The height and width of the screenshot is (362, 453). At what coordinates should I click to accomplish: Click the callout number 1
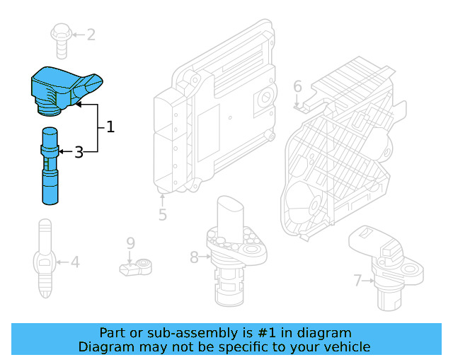click(x=110, y=127)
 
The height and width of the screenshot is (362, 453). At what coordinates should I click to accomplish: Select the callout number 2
click(x=91, y=34)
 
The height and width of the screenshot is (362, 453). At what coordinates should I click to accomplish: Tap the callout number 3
click(x=79, y=151)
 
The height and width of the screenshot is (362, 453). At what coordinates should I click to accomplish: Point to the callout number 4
click(x=75, y=263)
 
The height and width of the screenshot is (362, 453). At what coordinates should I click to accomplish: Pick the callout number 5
click(x=163, y=214)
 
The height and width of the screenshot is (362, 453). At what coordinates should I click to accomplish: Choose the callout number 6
click(x=297, y=86)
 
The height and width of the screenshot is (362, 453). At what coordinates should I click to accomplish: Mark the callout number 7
click(x=357, y=281)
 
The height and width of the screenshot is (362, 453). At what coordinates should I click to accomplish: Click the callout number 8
click(x=194, y=257)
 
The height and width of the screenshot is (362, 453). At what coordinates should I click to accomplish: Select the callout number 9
click(x=130, y=243)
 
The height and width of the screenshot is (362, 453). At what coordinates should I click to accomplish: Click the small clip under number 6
click(x=300, y=107)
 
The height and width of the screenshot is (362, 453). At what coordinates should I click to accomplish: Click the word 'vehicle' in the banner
click(x=345, y=346)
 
